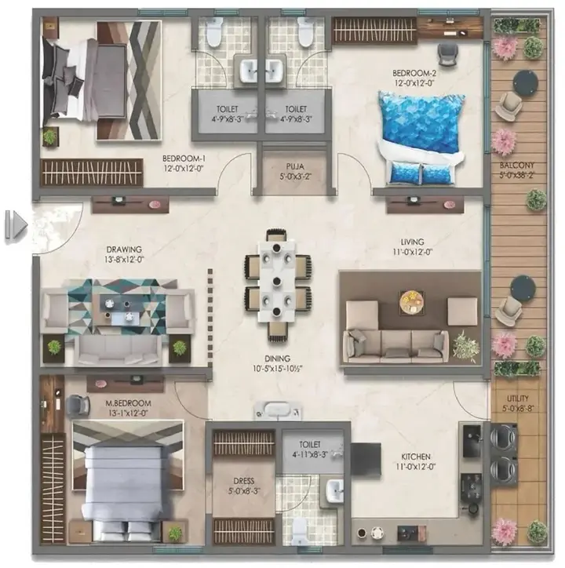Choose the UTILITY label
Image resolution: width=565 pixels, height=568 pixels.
pos(517,397)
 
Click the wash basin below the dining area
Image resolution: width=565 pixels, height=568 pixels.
pos(276,410)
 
